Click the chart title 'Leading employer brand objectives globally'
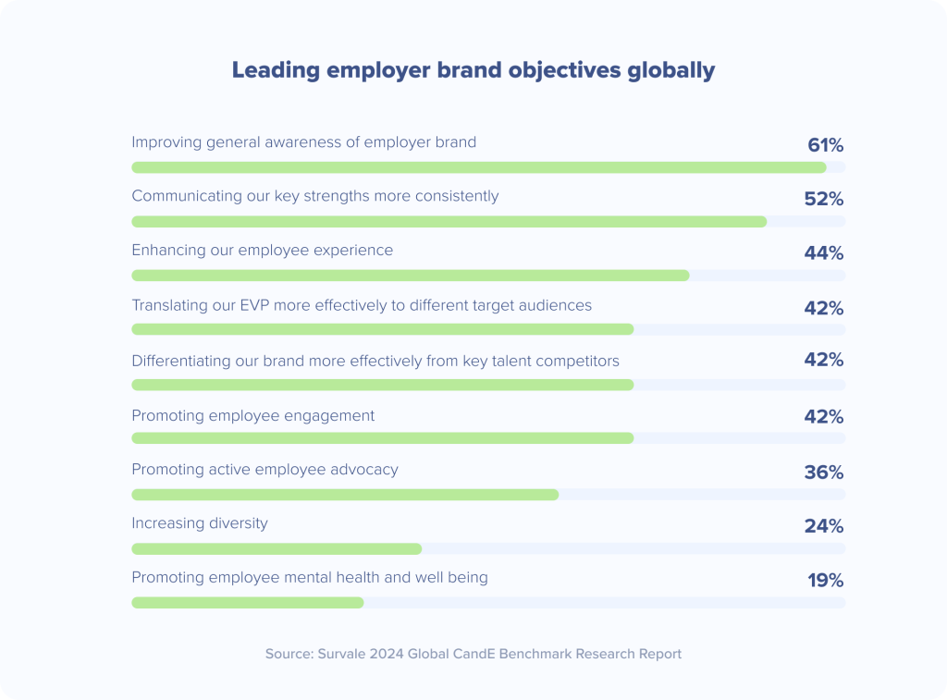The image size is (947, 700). (x=473, y=70)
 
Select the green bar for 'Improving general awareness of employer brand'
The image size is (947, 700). (x=478, y=167)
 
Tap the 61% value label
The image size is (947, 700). (x=825, y=145)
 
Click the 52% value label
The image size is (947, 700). (x=823, y=199)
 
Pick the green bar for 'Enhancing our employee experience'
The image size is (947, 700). (x=410, y=276)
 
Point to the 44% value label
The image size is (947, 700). (x=823, y=253)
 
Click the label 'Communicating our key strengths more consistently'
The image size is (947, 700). (x=314, y=196)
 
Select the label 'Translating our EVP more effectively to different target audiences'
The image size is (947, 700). (x=361, y=305)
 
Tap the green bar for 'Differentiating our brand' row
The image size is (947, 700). (x=382, y=384)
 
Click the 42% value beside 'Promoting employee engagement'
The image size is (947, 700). (x=823, y=417)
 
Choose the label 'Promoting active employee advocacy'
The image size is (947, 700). (x=264, y=470)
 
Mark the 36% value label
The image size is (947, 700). (x=823, y=473)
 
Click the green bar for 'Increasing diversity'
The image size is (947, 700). (x=277, y=548)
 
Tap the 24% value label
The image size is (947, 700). (x=823, y=526)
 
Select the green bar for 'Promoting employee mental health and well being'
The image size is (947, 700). (x=247, y=603)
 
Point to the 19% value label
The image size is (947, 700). (x=825, y=581)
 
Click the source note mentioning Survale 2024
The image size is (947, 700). (x=473, y=654)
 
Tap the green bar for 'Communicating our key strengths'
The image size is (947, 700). (x=449, y=222)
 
